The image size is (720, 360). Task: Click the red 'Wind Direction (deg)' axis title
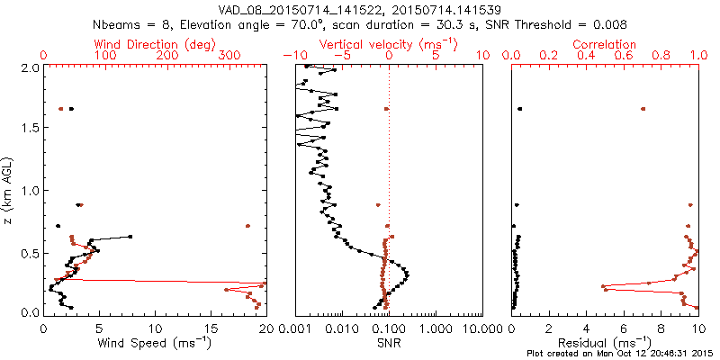pos(155,44)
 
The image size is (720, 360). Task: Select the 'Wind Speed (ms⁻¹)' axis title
pos(155,343)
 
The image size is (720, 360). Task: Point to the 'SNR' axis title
pos(389,343)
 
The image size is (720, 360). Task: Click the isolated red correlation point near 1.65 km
pos(643,109)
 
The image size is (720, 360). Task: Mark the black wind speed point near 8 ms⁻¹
pos(130,237)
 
